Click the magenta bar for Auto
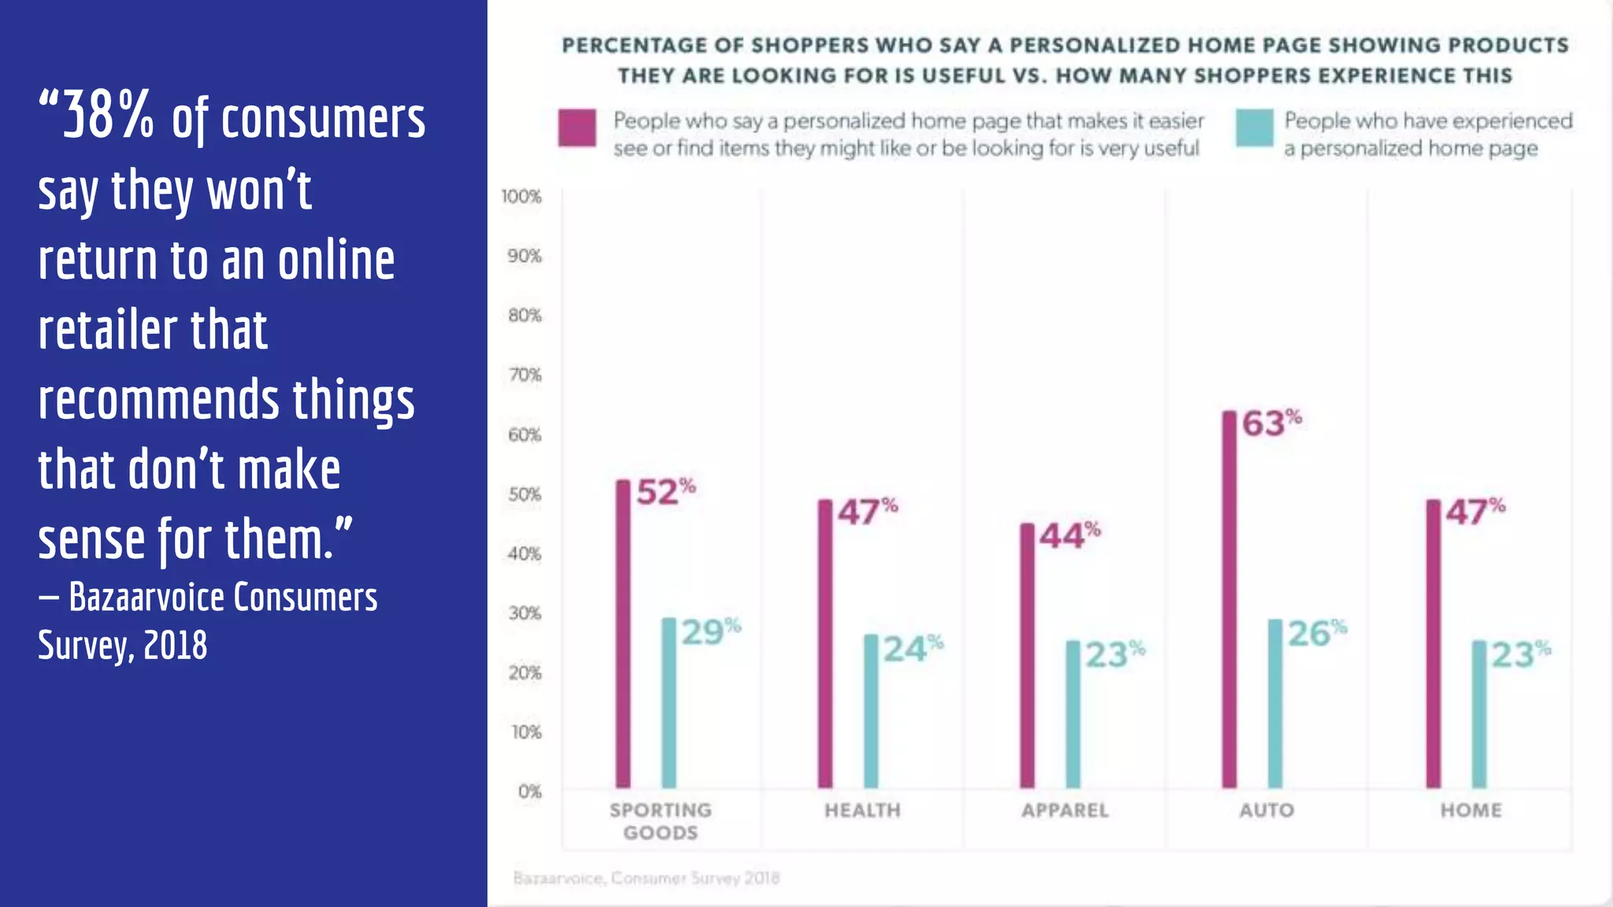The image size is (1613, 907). pos(1229,598)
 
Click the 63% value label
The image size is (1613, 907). pos(1271,423)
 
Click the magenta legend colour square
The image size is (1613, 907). pos(577,128)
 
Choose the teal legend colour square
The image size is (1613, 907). pos(1255,128)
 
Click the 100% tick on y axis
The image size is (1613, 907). pos(521,196)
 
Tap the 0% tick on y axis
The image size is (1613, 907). pos(529,791)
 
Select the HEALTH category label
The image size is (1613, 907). pos(862,810)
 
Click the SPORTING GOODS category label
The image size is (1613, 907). pos(660,820)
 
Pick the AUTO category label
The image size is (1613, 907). pos(1266,810)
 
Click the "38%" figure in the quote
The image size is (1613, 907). pos(108,117)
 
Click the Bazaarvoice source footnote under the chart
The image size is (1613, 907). pos(646,877)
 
